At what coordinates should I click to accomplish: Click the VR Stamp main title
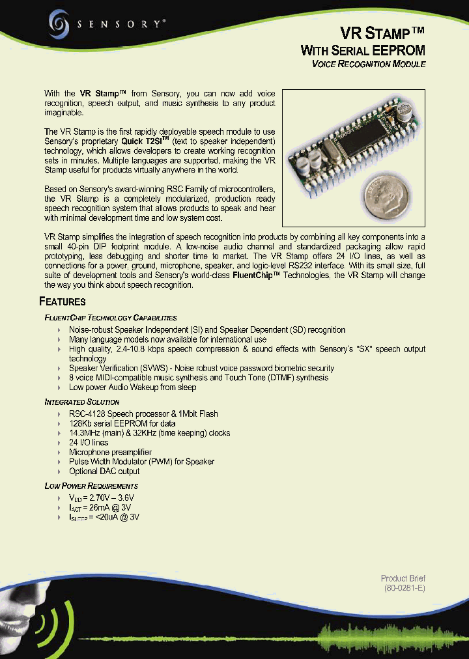[x=383, y=33]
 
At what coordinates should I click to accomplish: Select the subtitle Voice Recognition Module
[x=369, y=64]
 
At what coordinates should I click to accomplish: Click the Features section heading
[x=63, y=301]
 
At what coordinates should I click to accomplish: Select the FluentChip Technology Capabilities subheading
[x=111, y=318]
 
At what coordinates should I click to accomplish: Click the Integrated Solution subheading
[x=82, y=402]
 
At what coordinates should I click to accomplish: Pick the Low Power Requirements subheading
[x=91, y=486]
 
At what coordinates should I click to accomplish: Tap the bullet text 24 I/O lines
[x=89, y=443]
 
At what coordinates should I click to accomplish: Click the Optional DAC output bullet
[x=104, y=471]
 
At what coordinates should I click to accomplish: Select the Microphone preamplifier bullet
[x=110, y=453]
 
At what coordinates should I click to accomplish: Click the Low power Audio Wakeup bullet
[x=132, y=387]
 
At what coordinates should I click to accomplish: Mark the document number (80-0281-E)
[x=404, y=589]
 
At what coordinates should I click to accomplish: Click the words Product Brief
[x=403, y=578]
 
